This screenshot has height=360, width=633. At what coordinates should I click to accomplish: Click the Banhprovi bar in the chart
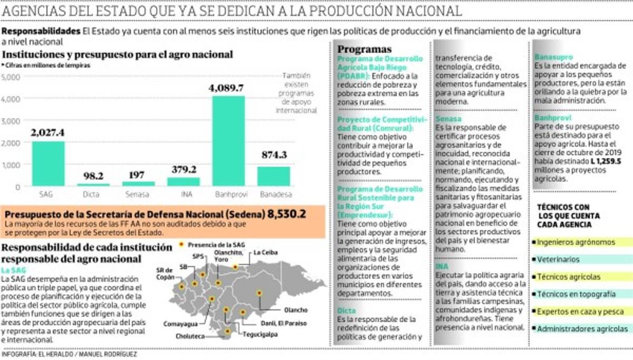tap(229, 141)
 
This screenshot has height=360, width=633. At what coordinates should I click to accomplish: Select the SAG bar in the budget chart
tap(48, 164)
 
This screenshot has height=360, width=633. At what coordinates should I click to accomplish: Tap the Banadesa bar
tap(274, 176)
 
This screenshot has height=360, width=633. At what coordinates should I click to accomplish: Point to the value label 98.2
tap(93, 176)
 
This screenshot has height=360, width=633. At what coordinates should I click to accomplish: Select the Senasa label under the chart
tap(138, 195)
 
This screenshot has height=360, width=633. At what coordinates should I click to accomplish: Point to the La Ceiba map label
tap(265, 252)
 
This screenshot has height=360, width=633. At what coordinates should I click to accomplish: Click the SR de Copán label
tap(165, 273)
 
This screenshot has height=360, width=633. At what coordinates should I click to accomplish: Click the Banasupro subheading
tap(553, 57)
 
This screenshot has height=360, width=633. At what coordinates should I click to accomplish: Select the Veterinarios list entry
tap(559, 260)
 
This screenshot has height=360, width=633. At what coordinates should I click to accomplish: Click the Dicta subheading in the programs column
tap(347, 311)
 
